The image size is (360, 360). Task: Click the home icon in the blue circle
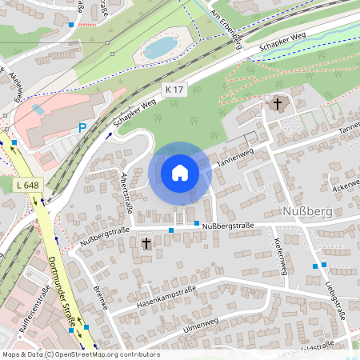pyautogui.click(x=180, y=172)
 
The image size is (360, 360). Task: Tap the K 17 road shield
pyautogui.click(x=174, y=90)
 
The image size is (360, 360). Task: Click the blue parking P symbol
pyautogui.click(x=82, y=128)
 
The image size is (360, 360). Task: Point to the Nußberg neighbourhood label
pyautogui.click(x=306, y=211)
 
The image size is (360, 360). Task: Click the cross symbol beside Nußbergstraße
pyautogui.click(x=146, y=242)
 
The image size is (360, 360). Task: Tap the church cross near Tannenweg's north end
pyautogui.click(x=278, y=103)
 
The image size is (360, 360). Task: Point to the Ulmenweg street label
pyautogui.click(x=200, y=324)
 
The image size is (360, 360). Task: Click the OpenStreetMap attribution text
pyautogui.click(x=80, y=354)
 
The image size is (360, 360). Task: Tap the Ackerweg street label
pyautogui.click(x=346, y=185)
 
